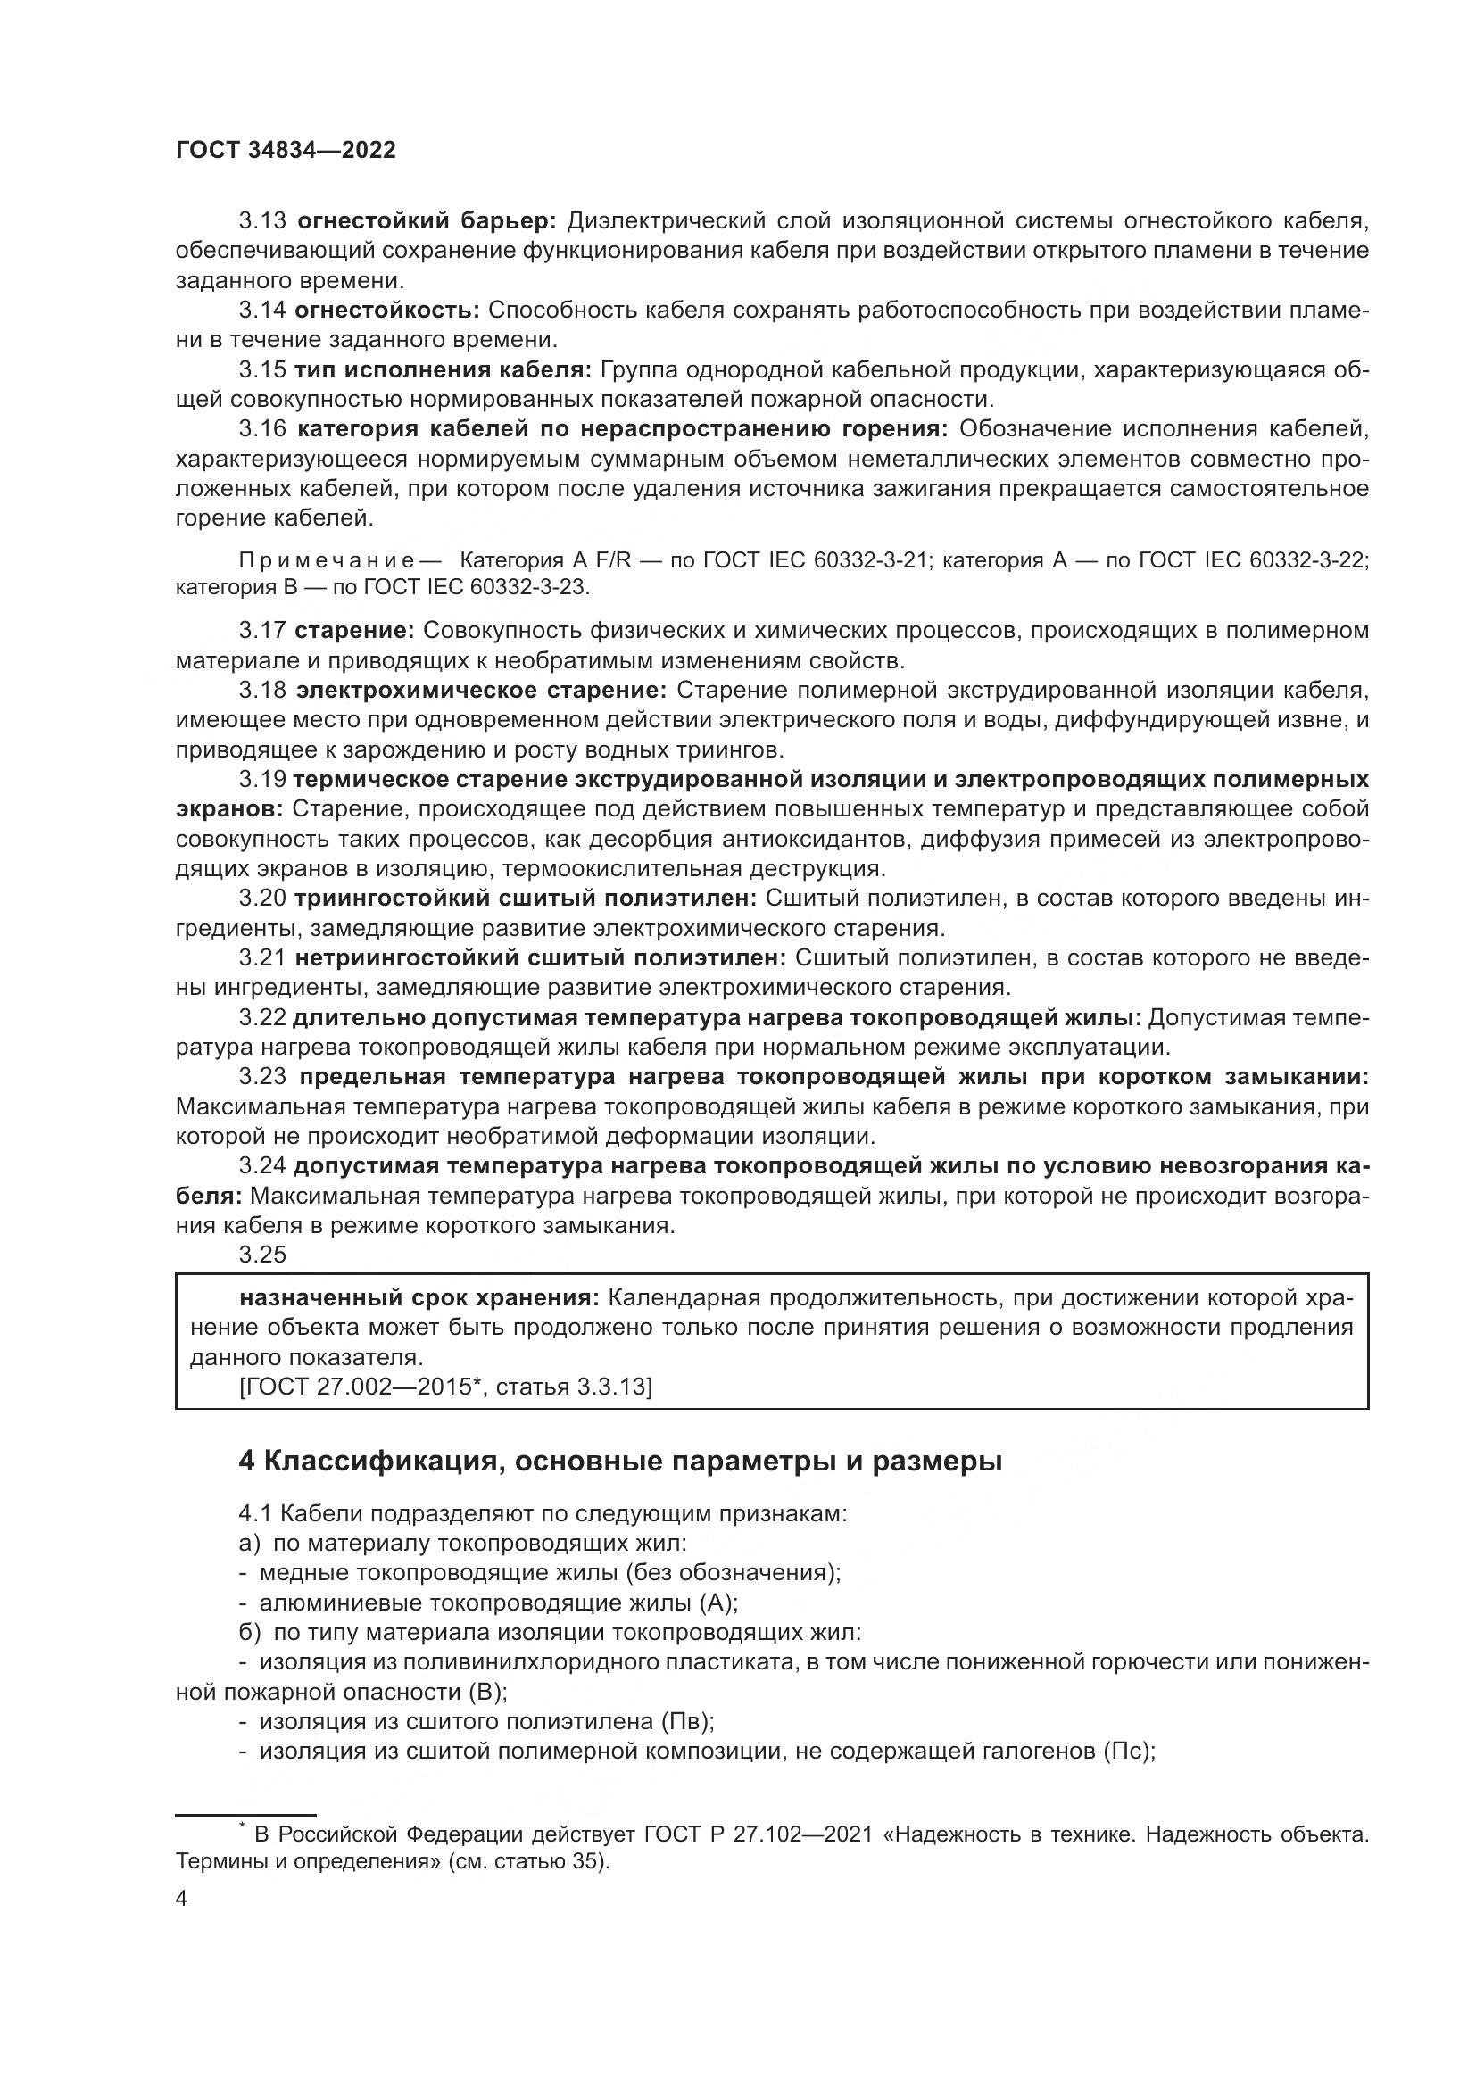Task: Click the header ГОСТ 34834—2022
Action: tap(286, 151)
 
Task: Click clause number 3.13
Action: tap(261, 221)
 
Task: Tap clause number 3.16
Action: tap(261, 429)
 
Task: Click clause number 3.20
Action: tap(261, 899)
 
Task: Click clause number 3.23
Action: tap(261, 1077)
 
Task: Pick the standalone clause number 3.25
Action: tap(261, 1255)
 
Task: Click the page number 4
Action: tap(181, 1899)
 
